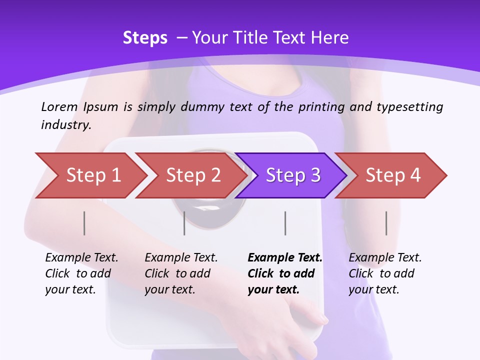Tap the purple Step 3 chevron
[x=292, y=175]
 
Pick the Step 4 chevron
[x=392, y=175]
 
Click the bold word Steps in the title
[x=145, y=38]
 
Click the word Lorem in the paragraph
[x=59, y=106]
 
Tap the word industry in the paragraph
[x=66, y=124]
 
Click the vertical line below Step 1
[x=84, y=223]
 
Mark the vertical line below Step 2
[x=184, y=223]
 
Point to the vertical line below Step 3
[x=285, y=223]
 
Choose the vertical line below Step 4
[x=386, y=223]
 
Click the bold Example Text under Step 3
[x=285, y=257]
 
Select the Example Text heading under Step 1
[x=81, y=257]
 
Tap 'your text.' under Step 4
[x=373, y=289]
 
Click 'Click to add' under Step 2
[x=177, y=273]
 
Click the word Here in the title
[x=329, y=38]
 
